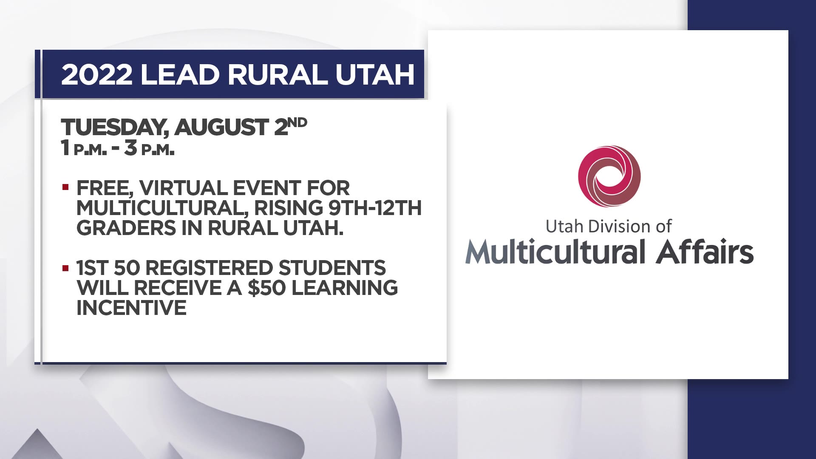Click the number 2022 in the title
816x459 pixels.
[97, 75]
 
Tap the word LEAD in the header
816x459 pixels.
[180, 75]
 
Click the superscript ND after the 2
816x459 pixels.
[297, 123]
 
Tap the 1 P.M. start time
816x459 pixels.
[84, 148]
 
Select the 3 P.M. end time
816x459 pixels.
[149, 148]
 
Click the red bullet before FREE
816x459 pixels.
[65, 187]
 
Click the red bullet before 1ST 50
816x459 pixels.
[65, 268]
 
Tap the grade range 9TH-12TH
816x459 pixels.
[375, 208]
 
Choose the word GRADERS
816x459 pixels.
[126, 228]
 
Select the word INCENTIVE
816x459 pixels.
[131, 308]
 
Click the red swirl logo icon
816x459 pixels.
[609, 176]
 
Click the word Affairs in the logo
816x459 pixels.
[705, 252]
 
